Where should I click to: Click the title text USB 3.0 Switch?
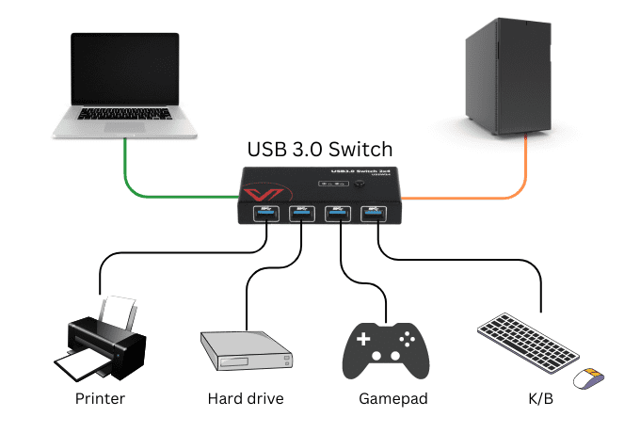[319, 149]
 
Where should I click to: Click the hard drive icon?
[247, 351]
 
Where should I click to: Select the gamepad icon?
[386, 349]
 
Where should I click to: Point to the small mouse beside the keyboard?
[589, 377]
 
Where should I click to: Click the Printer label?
[100, 398]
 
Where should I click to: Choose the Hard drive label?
[245, 398]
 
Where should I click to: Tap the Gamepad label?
[387, 398]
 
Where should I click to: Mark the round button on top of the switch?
[360, 183]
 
